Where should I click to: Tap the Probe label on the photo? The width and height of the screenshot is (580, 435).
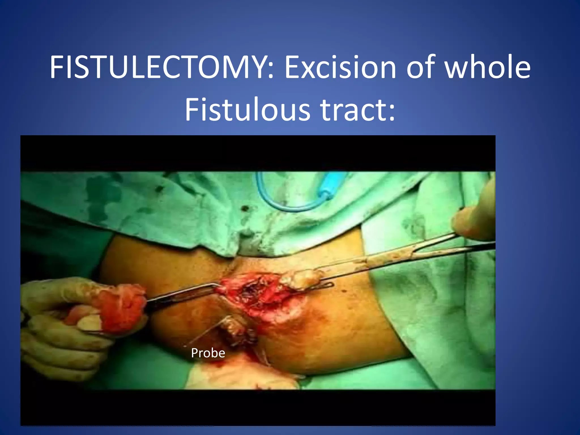[x=208, y=353]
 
